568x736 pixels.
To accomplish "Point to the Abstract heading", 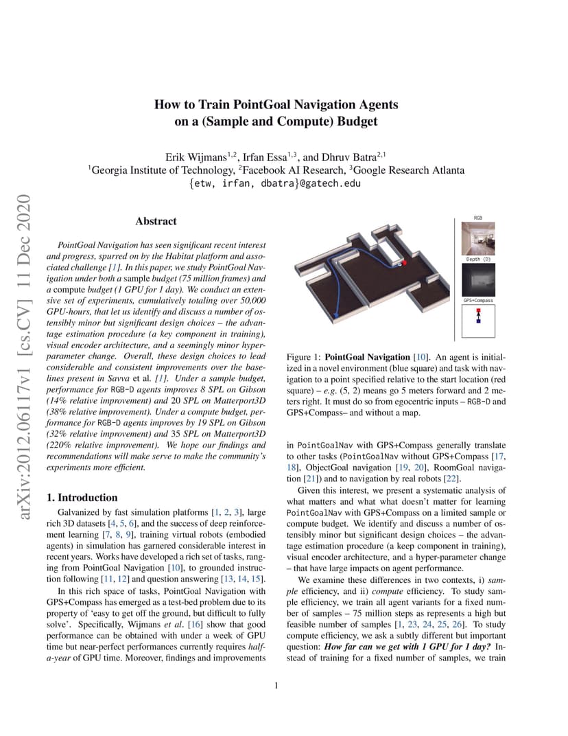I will pyautogui.click(x=156, y=221).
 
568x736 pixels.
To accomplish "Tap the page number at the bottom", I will pyautogui.click(x=275, y=685).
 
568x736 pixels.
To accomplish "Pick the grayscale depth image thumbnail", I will pyautogui.click(x=477, y=279).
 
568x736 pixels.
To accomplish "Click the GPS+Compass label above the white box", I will pyautogui.click(x=477, y=301).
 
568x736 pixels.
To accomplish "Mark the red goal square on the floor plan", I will pyautogui.click(x=405, y=262).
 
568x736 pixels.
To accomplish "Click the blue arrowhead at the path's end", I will pyautogui.click(x=336, y=317).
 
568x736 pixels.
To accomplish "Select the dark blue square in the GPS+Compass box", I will pyautogui.click(x=478, y=321).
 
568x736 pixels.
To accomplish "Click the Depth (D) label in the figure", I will pyautogui.click(x=478, y=260).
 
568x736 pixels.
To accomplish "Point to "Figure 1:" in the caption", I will pyautogui.click(x=303, y=358).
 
